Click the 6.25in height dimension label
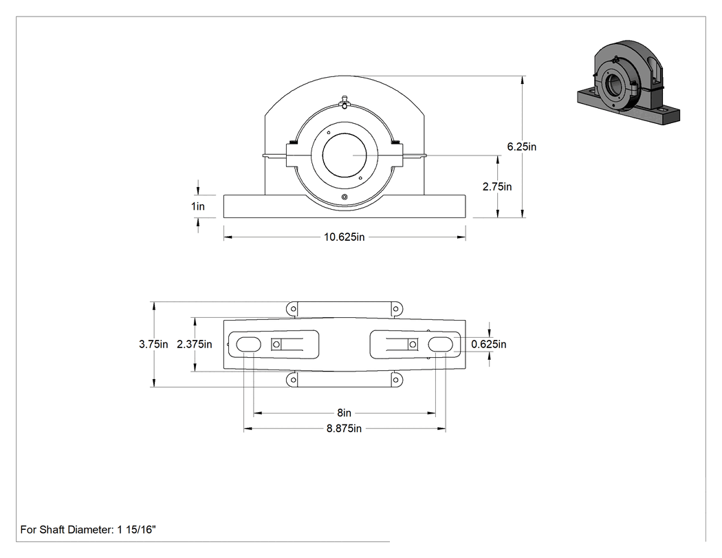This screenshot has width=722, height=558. coord(522,147)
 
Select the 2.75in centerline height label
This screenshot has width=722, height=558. coord(497,186)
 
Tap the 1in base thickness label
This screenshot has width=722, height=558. coord(198,206)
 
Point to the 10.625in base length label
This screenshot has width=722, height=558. coord(344,237)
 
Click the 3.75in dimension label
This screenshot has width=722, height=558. coord(153,344)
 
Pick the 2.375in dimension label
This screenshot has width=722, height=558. coord(195,344)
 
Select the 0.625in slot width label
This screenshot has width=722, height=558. coord(488,344)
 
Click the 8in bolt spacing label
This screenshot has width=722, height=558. coord(344,413)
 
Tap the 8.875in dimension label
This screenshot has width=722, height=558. coord(344,429)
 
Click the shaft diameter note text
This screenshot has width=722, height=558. coord(88,529)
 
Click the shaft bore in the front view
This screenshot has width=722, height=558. coord(344,155)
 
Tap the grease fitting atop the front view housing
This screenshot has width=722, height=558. coord(344,102)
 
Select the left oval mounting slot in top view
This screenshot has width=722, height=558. coord(248,344)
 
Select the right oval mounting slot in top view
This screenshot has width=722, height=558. coord(441,344)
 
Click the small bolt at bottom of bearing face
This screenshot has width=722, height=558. coord(344,197)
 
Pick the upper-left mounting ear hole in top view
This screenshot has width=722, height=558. coord(292,309)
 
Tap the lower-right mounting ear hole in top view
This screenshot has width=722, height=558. coord(395,380)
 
